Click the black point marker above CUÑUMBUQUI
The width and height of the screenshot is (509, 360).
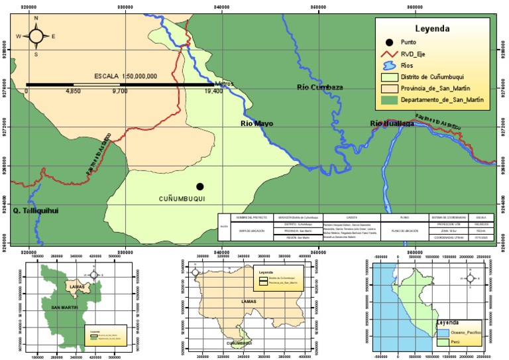199,186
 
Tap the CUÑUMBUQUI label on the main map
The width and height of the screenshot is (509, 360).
182,199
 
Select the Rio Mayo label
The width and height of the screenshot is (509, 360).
256,123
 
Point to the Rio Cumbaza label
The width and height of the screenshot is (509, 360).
319,87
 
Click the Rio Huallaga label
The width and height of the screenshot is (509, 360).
392,123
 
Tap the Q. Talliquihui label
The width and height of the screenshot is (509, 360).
36,211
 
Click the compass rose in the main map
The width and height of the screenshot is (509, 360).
36,36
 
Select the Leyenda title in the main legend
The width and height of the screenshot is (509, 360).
433,29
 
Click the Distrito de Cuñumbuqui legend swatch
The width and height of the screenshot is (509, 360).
389,77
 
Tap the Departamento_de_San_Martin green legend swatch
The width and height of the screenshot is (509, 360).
389,100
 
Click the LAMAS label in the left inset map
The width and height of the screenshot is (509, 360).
76,287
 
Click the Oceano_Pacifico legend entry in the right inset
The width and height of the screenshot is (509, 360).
465,331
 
